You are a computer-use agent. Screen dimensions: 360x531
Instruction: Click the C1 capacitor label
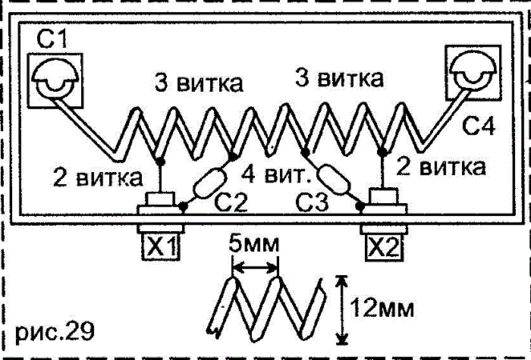pyautogui.click(x=50, y=40)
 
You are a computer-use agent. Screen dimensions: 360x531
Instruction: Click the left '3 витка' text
pyautogui.click(x=198, y=82)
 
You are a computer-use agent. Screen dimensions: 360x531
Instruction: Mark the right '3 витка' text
pyautogui.click(x=339, y=77)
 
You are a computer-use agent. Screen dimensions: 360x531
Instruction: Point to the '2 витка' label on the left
pyautogui.click(x=96, y=179)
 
